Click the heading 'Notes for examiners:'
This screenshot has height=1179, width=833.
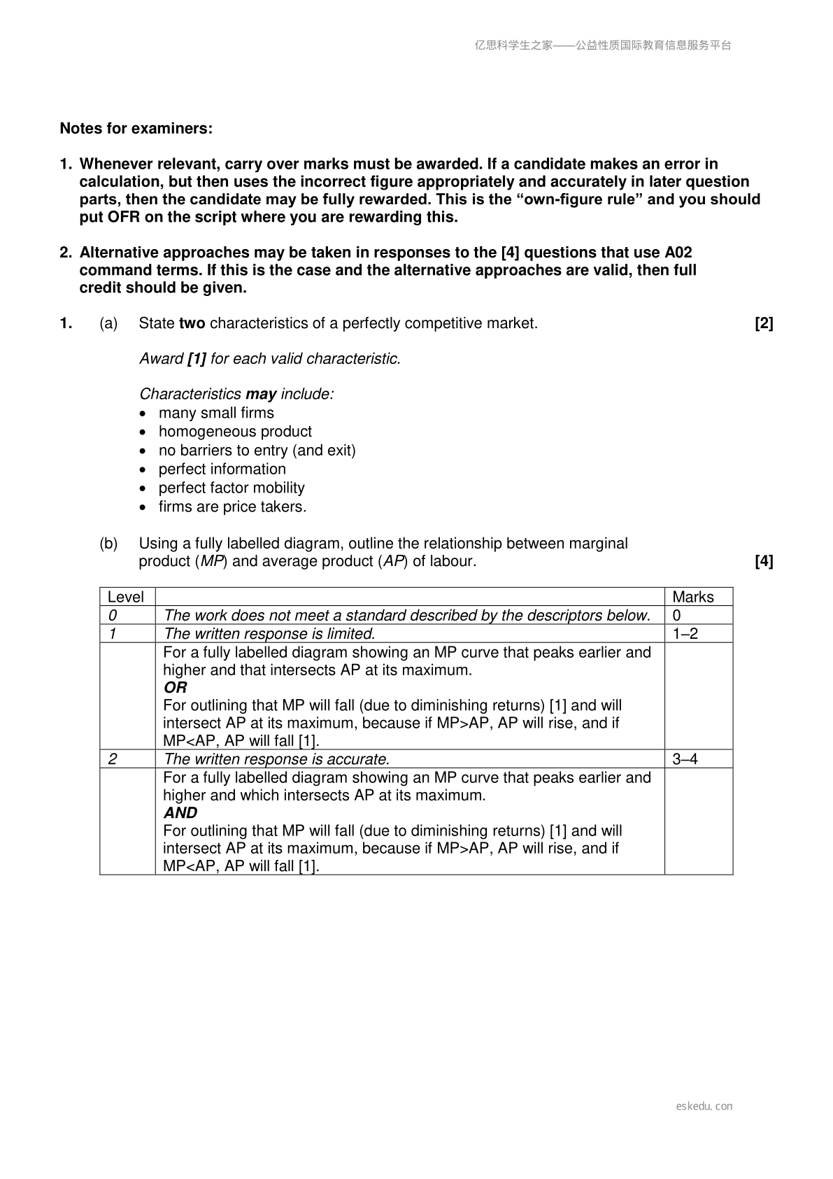(136, 129)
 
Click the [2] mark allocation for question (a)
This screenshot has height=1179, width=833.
(764, 323)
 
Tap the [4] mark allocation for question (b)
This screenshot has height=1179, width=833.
(764, 561)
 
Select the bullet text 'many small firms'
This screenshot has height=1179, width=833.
(216, 413)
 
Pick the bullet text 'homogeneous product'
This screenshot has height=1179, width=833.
(235, 432)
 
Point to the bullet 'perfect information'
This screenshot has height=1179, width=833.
(222, 469)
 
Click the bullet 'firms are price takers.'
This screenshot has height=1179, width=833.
(232, 507)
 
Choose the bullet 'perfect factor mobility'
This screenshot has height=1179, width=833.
(232, 488)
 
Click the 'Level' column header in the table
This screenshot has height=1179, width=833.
(126, 597)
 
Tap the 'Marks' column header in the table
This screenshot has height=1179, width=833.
(693, 597)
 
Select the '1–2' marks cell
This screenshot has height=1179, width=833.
(685, 634)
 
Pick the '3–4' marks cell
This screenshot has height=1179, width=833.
(685, 759)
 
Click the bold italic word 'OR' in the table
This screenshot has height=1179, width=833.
(176, 688)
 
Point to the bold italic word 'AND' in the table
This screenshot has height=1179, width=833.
(180, 813)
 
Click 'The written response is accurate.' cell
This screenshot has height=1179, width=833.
(276, 759)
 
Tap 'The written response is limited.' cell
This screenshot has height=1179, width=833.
(269, 634)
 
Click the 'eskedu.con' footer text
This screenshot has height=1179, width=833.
(704, 1106)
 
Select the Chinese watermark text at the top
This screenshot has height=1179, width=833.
(603, 45)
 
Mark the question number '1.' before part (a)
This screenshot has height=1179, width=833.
(66, 323)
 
